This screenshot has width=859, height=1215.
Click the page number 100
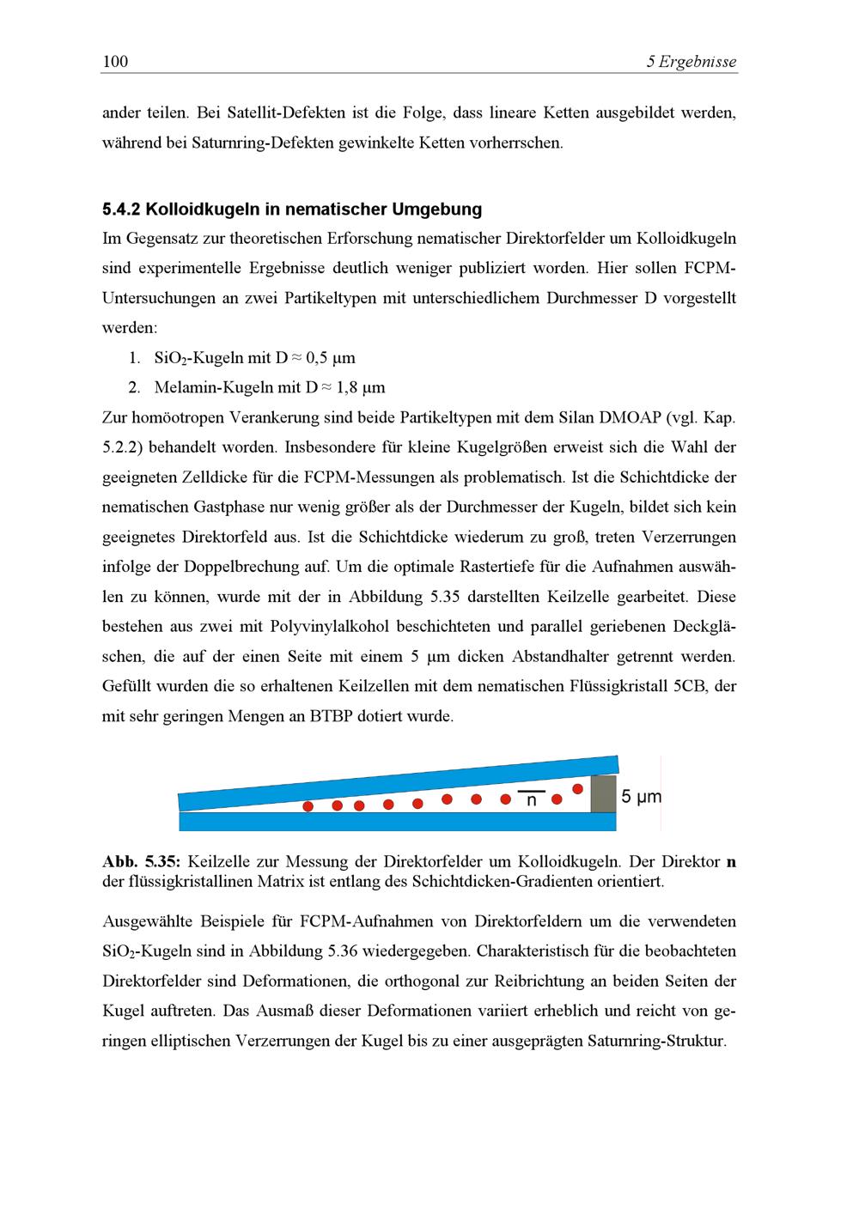115,61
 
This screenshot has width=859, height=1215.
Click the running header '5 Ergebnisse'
691,61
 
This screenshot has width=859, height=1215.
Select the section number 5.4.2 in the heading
121,209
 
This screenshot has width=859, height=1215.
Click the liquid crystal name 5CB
691,686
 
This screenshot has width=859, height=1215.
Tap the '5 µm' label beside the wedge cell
642,797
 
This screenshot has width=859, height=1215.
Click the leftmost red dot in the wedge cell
308,806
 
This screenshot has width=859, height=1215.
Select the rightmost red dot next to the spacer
577,788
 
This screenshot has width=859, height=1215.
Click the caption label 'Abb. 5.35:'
141,861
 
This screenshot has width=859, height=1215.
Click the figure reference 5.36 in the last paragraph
346,951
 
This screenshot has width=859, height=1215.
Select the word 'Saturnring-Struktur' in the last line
656,1041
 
